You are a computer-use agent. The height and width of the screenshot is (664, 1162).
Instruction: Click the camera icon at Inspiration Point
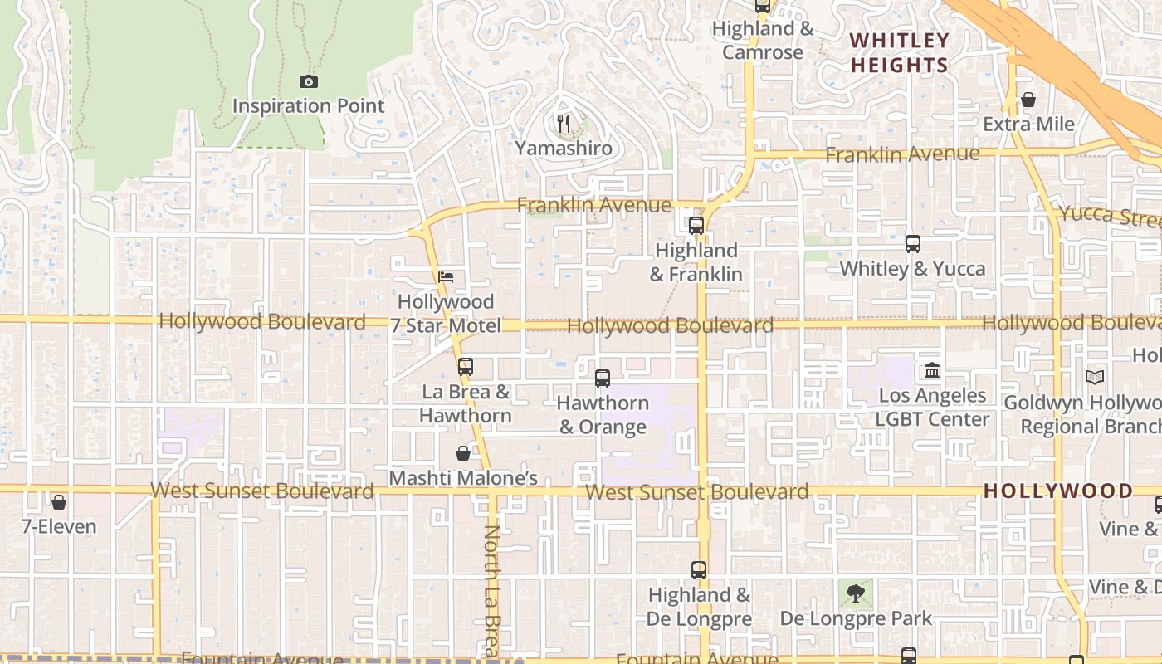(x=309, y=81)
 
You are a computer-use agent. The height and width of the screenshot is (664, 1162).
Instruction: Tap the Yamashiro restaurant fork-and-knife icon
(x=564, y=124)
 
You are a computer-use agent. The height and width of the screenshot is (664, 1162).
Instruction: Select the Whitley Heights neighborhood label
(x=900, y=52)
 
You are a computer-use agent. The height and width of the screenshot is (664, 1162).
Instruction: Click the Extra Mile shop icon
(x=1028, y=100)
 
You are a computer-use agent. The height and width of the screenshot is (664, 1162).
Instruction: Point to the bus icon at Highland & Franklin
(x=696, y=225)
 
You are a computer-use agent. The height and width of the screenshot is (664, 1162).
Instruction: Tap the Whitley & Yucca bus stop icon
(x=913, y=244)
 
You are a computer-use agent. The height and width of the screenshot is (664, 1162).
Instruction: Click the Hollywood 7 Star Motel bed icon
(x=446, y=277)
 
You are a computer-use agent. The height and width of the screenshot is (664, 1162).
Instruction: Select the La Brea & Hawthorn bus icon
(x=466, y=366)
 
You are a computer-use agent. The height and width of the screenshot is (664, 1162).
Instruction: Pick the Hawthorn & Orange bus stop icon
(x=603, y=378)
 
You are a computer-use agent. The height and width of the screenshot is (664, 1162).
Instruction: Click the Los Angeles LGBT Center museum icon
(x=932, y=370)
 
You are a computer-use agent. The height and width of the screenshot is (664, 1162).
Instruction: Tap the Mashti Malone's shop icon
(x=463, y=453)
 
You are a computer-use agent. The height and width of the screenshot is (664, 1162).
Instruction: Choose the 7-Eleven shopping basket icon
(x=59, y=502)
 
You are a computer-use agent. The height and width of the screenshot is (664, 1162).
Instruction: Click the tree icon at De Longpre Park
(x=856, y=593)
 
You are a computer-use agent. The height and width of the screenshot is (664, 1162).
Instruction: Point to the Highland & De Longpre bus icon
(x=699, y=570)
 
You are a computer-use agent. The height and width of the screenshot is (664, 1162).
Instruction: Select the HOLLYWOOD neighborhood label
(x=1058, y=491)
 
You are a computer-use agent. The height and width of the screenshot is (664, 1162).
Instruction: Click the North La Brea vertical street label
(x=491, y=589)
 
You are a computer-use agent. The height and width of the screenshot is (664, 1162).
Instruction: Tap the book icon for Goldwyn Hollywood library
(x=1095, y=377)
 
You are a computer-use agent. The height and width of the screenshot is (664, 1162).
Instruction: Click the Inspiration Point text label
(x=309, y=106)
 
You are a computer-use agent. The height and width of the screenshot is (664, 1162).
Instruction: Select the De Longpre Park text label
(x=856, y=618)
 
